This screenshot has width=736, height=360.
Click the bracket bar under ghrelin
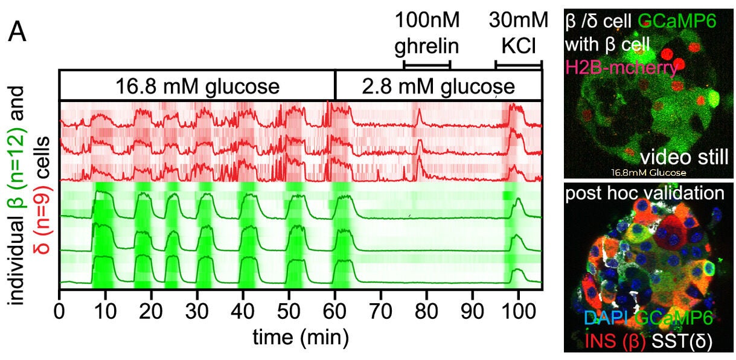[427, 63]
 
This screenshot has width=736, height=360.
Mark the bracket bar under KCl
[519, 63]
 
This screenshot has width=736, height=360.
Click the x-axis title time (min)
[299, 335]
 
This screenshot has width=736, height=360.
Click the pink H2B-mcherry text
[621, 68]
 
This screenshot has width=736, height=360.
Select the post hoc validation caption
[644, 194]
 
